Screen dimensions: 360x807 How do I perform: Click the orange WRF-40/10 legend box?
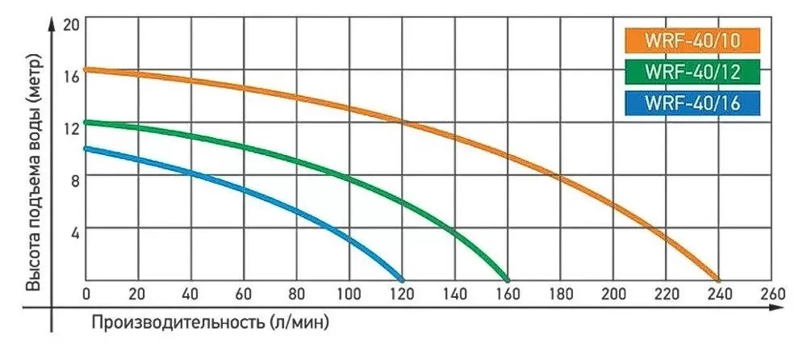(x=692, y=40)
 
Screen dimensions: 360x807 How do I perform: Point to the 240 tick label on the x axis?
(x=719, y=291)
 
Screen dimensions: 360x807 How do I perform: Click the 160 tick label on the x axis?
(x=508, y=291)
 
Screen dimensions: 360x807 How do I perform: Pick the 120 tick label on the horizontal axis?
(x=402, y=291)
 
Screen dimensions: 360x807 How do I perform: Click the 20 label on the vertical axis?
(x=71, y=25)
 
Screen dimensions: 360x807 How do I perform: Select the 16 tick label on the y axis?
(x=71, y=77)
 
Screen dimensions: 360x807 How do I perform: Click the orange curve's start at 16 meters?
(x=86, y=69)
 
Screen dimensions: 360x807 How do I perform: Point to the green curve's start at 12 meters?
(x=86, y=122)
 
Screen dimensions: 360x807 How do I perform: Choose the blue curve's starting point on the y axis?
(x=86, y=148)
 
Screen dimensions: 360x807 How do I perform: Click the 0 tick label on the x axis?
(x=86, y=291)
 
